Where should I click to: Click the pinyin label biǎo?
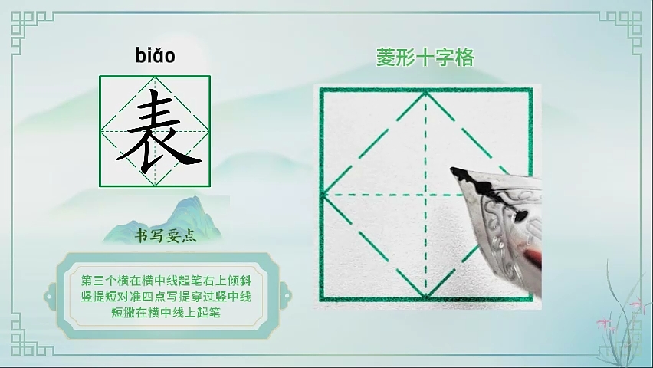point(155,55)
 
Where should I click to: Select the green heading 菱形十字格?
point(425,58)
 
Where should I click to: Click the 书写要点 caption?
point(166,236)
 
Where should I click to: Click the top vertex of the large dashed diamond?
point(426,93)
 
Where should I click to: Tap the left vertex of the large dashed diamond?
point(325,195)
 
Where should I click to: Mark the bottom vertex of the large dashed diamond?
point(426,297)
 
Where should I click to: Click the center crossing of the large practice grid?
point(426,195)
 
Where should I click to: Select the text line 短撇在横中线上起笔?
point(166,312)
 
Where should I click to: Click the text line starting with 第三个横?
point(166,281)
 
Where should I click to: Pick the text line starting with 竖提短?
point(166,297)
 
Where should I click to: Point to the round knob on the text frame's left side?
point(49,297)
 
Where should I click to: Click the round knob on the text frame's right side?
point(287,297)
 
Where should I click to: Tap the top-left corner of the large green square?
point(321,89)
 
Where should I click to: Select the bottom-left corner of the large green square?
point(321,299)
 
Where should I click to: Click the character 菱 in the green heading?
point(386,58)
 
